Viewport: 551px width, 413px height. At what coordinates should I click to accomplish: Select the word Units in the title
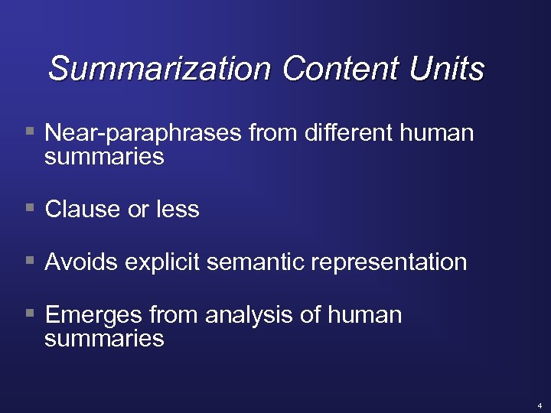click(447, 69)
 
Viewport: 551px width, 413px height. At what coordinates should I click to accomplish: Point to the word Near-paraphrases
click(144, 134)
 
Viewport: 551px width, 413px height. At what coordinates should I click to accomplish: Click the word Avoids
click(82, 262)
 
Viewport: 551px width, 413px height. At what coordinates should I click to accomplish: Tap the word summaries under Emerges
click(104, 339)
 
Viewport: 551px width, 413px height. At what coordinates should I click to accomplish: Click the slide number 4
click(539, 405)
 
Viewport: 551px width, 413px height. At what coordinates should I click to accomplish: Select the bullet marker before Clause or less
click(30, 206)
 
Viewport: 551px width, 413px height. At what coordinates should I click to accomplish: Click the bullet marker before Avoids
click(30, 260)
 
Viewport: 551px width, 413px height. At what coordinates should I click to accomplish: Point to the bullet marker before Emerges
click(30, 313)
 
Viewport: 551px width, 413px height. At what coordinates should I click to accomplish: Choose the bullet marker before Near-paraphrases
click(30, 131)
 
